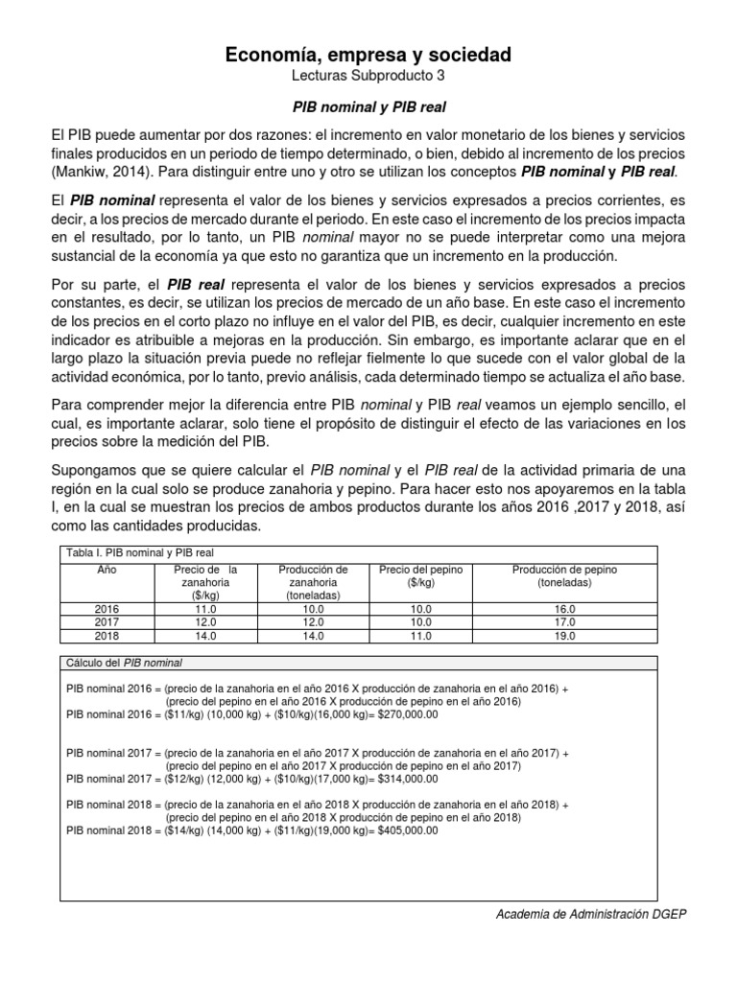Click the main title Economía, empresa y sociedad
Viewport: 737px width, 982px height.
coord(368,56)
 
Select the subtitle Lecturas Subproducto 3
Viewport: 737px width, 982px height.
coord(368,76)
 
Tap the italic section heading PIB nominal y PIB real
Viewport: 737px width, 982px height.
coord(368,107)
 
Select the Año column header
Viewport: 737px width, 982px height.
coord(107,570)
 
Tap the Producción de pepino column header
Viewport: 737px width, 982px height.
coord(564,575)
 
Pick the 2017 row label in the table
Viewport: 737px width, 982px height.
coord(107,622)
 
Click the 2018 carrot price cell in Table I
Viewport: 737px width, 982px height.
coord(205,635)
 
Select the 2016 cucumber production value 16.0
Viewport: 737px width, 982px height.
coord(564,609)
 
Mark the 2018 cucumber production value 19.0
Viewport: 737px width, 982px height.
coord(564,635)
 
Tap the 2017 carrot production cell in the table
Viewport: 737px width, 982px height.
coord(313,622)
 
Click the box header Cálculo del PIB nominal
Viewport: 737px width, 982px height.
coord(124,663)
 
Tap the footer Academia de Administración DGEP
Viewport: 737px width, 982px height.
coord(590,914)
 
